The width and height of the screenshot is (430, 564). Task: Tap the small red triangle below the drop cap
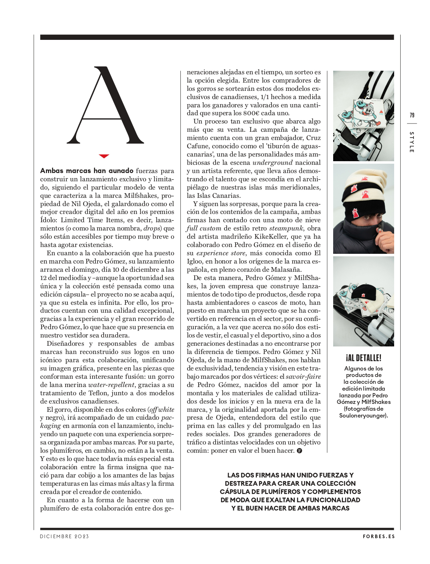(x=104, y=156)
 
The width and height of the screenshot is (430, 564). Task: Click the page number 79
(x=412, y=115)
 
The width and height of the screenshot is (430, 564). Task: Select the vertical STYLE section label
(x=412, y=142)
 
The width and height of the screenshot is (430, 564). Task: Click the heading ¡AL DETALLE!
(x=363, y=358)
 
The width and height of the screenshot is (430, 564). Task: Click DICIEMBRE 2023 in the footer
(x=65, y=536)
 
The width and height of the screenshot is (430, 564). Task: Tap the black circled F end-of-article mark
(x=299, y=451)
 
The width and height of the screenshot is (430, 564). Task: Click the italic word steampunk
(x=287, y=228)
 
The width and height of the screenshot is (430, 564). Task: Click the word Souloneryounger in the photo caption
(x=363, y=415)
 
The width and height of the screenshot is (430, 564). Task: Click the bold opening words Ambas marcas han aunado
(x=87, y=171)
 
